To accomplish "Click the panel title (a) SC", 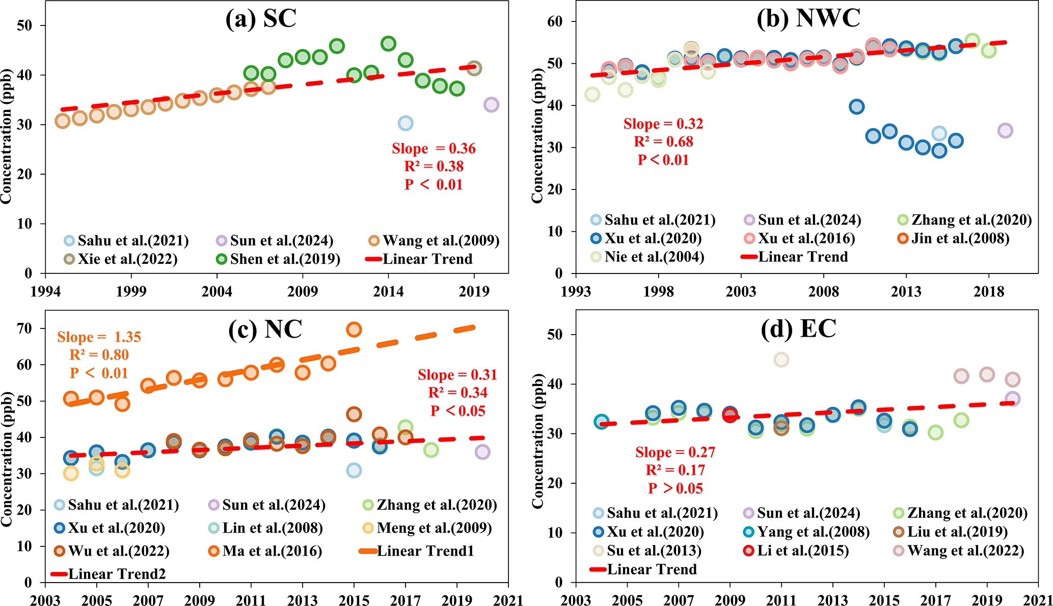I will tap(261, 19).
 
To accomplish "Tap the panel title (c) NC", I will tap(265, 329).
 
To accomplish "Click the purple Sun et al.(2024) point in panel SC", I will tap(491, 105).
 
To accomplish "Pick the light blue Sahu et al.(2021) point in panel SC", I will tap(406, 123).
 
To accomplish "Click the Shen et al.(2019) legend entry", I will tap(278, 259).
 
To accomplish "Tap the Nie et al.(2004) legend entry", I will tap(647, 257).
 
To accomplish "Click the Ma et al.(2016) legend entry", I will tap(265, 551).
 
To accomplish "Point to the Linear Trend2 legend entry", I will tap(109, 574).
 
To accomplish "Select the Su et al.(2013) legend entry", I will tap(647, 550).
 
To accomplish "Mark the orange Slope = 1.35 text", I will tap(99, 337).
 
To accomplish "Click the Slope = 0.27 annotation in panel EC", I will tap(675, 452).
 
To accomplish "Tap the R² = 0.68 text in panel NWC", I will tap(663, 142).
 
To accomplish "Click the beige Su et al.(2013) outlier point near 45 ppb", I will tap(781, 360).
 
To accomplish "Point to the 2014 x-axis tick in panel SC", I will tap(388, 291).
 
